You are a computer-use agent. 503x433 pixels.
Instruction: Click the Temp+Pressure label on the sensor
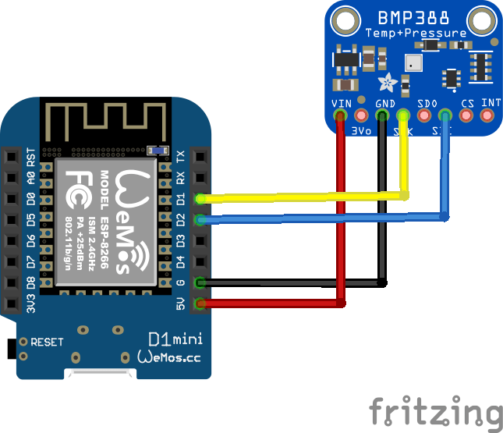click(x=416, y=33)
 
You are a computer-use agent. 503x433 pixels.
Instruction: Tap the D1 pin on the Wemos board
click(x=200, y=199)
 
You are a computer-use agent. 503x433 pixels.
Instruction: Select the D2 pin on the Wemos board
click(x=200, y=220)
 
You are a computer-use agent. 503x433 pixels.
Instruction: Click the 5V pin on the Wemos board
click(x=200, y=303)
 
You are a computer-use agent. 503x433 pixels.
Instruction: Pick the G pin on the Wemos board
click(x=200, y=282)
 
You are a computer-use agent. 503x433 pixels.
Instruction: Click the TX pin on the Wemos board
click(x=200, y=157)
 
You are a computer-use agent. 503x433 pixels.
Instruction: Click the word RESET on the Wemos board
click(x=47, y=342)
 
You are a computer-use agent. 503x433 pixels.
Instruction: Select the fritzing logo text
click(x=435, y=411)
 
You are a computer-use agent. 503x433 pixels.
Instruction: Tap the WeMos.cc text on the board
click(x=169, y=357)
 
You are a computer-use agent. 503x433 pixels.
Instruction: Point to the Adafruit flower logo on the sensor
click(x=386, y=80)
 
